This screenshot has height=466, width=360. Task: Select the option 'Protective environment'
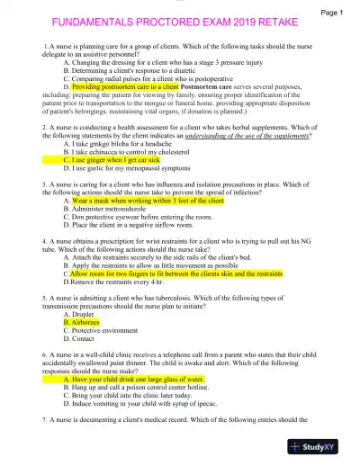point(103,329)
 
